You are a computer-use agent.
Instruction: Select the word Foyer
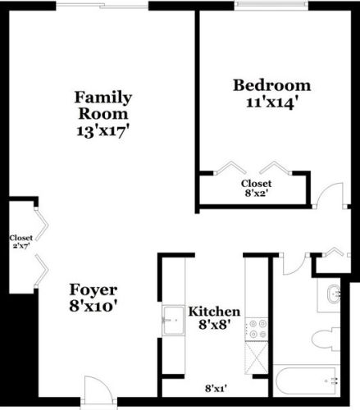[93, 290]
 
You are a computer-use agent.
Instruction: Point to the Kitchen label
[214, 312]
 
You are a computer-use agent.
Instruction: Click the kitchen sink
[174, 316]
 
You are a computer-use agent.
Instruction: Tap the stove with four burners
[257, 328]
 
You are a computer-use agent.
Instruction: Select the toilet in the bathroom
[326, 337]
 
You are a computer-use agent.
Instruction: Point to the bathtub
[305, 381]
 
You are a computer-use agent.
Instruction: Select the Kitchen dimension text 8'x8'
[214, 327]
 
